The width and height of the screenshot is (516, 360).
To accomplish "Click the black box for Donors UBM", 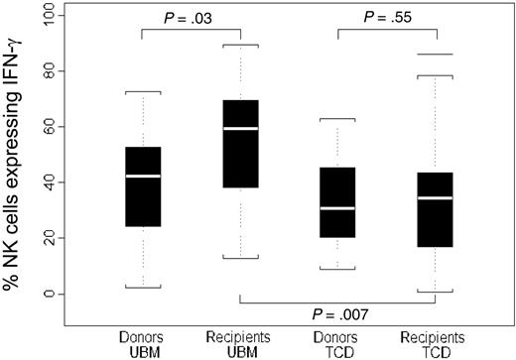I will [x=143, y=186].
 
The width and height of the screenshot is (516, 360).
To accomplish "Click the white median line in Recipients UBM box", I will [x=241, y=129].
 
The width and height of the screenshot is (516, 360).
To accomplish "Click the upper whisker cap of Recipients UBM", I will [x=241, y=45].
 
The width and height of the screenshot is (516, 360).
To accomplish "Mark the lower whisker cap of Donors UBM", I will [x=143, y=288].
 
